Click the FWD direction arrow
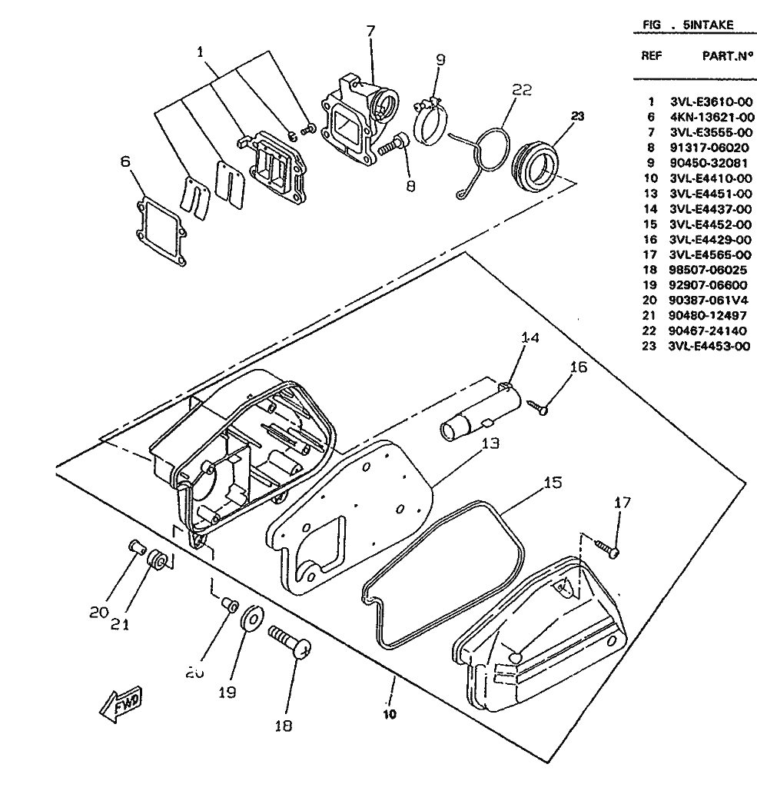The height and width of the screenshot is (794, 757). (121, 704)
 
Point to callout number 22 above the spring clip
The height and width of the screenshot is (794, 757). (522, 90)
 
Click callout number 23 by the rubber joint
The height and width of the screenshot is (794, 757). (577, 117)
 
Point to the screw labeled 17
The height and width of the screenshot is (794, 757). (608, 547)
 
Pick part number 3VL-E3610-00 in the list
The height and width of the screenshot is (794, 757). (711, 101)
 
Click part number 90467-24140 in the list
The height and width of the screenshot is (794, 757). (711, 331)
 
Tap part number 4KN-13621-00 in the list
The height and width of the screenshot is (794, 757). (711, 117)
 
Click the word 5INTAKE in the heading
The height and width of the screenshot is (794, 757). (708, 25)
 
